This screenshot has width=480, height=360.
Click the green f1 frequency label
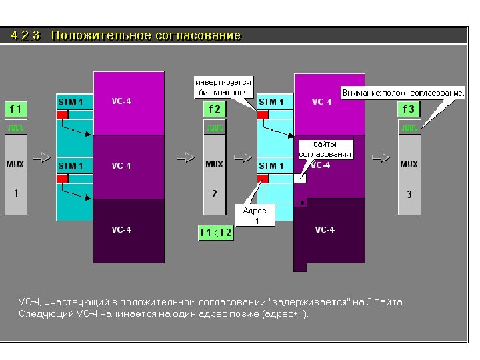coord(15,109)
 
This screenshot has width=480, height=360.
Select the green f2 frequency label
coord(214,109)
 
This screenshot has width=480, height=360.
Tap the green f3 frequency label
coord(409,109)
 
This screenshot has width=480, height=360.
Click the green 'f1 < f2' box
coord(216,233)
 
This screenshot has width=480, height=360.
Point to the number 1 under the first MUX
coord(15,193)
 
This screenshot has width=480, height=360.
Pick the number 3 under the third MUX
coord(409,195)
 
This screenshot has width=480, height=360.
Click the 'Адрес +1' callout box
coord(254,215)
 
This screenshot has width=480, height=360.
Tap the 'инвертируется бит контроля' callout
coord(223,87)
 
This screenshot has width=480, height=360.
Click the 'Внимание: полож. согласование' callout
coord(403,93)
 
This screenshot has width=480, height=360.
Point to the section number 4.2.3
coord(27,35)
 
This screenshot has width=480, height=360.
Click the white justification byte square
coord(300,178)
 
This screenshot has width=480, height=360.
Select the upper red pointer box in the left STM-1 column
coord(62,115)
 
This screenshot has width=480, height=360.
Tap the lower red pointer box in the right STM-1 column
coord(263,178)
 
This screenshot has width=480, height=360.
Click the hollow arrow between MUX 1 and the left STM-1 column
coord(41,157)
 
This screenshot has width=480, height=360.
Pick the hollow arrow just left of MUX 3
coord(381,157)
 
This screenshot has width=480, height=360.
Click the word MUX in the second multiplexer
coord(214,165)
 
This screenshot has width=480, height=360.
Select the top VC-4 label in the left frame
coord(121,101)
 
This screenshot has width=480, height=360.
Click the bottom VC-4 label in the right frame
coord(325,230)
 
